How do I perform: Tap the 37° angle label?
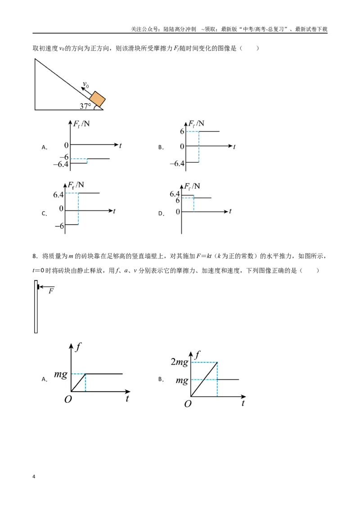pyautogui.click(x=85, y=106)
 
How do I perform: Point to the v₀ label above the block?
pyautogui.click(x=85, y=85)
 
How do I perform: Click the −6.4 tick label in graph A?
pyautogui.click(x=61, y=164)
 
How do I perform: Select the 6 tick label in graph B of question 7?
pyautogui.click(x=182, y=131)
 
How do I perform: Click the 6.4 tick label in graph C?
pyautogui.click(x=58, y=195)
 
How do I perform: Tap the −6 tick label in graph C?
pyautogui.click(x=59, y=226)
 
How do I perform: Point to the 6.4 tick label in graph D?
pyautogui.click(x=175, y=194)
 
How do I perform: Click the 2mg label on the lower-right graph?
pyautogui.click(x=180, y=362)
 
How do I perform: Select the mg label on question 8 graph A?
pyautogui.click(x=61, y=375)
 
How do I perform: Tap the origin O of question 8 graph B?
pyautogui.click(x=188, y=404)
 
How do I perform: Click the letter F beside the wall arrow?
pyautogui.click(x=51, y=291)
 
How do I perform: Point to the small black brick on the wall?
pyautogui.click(x=38, y=287)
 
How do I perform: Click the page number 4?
pyautogui.click(x=34, y=477)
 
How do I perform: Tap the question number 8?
pyautogui.click(x=34, y=256)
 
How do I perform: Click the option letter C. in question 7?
pyautogui.click(x=45, y=214)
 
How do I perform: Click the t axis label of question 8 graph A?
pyautogui.click(x=127, y=398)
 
